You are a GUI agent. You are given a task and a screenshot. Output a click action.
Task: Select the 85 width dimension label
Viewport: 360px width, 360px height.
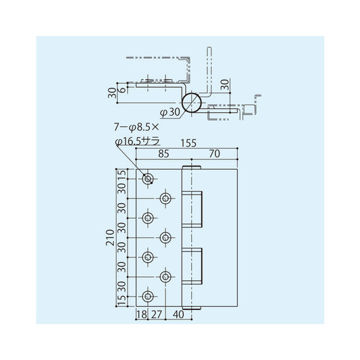(x=163, y=153)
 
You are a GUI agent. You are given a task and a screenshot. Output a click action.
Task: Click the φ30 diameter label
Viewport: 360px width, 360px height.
(x=170, y=111)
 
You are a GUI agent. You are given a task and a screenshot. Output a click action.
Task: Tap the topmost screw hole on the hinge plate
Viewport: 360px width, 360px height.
(x=148, y=179)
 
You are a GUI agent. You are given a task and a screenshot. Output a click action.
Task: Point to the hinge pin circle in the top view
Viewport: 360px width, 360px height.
(x=192, y=103)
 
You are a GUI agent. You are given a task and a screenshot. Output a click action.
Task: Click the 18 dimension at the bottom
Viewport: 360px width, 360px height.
(x=142, y=314)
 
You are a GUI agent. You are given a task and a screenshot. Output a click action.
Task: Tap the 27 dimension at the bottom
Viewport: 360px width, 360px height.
(x=157, y=314)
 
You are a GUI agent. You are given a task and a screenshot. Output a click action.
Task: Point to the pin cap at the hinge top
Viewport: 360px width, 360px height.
(x=192, y=165)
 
